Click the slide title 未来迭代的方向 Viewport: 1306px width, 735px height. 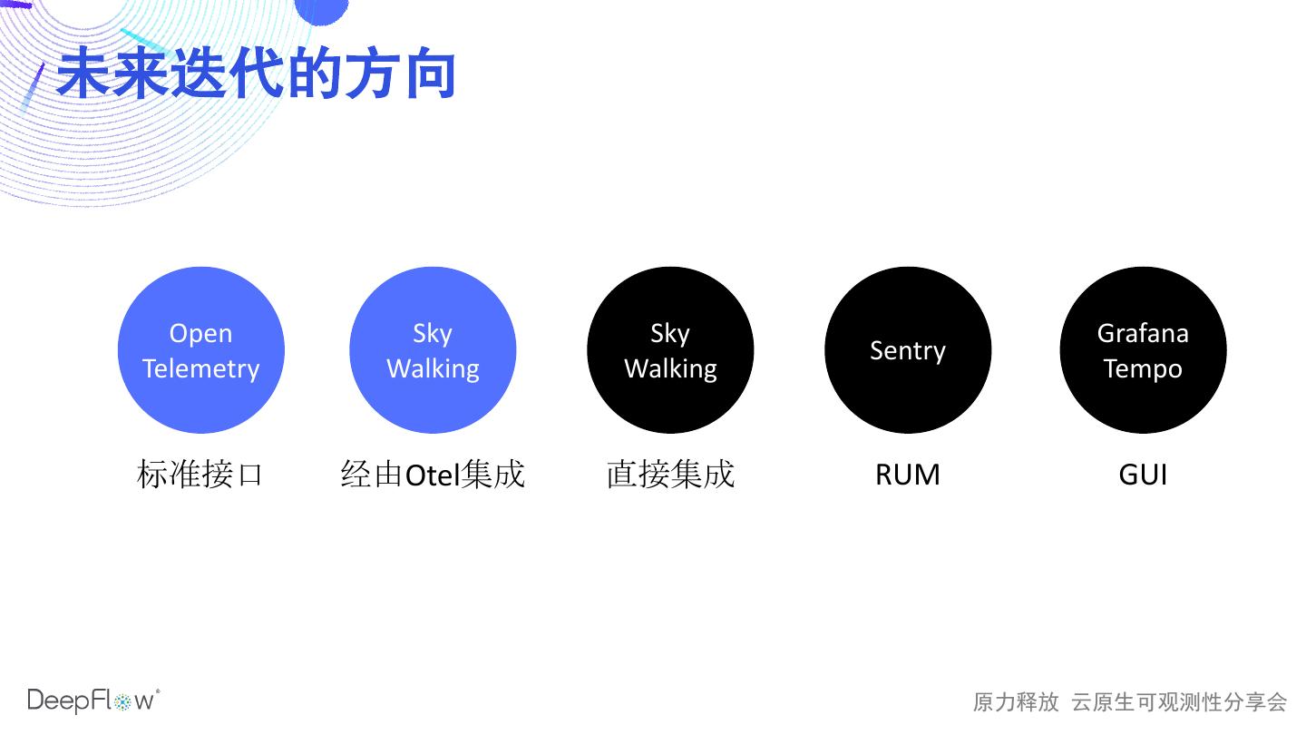coord(256,74)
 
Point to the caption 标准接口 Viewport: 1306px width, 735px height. coord(200,475)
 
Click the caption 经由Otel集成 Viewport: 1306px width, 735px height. coord(433,475)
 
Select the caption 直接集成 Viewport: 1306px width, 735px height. coord(670,475)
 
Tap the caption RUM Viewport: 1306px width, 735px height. coord(907,475)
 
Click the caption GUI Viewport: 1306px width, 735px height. coord(1143,475)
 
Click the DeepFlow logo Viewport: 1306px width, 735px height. coord(93,701)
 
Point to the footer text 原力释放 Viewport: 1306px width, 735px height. coord(1016,701)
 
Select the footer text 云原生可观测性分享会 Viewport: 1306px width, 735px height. coord(1179,701)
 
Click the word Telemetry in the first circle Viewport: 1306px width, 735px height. coord(201,368)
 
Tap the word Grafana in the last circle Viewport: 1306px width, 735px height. coord(1143,333)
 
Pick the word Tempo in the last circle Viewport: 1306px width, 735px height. coord(1143,369)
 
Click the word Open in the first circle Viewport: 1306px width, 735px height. coord(201,334)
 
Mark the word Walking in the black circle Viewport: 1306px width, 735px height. coord(670,368)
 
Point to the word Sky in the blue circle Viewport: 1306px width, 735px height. coord(433,334)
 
